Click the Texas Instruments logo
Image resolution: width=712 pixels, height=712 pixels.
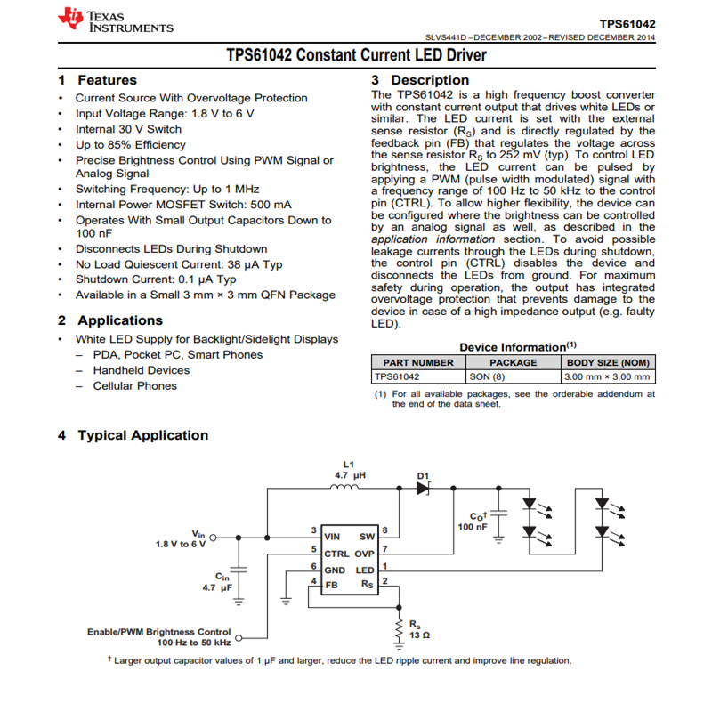pyautogui.click(x=116, y=21)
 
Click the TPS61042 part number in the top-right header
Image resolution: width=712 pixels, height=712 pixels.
pyautogui.click(x=627, y=23)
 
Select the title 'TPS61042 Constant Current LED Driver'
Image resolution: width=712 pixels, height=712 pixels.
pyautogui.click(x=356, y=56)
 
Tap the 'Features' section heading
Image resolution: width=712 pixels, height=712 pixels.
pyautogui.click(x=107, y=80)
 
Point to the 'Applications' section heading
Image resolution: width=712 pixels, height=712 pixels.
pyautogui.click(x=120, y=320)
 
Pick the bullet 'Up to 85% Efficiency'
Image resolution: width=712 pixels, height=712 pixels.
pyautogui.click(x=129, y=144)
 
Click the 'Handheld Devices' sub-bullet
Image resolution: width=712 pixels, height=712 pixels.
pyautogui.click(x=141, y=370)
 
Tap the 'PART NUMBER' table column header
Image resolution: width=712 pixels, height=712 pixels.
pyautogui.click(x=418, y=362)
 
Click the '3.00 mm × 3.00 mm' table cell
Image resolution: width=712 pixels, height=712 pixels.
pyautogui.click(x=607, y=376)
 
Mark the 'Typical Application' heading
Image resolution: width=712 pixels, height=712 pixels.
pyautogui.click(x=142, y=435)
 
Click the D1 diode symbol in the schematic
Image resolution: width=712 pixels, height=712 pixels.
pyautogui.click(x=423, y=488)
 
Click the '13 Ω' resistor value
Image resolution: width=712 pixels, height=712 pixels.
pyautogui.click(x=419, y=635)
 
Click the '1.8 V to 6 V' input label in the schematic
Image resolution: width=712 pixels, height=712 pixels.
pyautogui.click(x=180, y=543)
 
